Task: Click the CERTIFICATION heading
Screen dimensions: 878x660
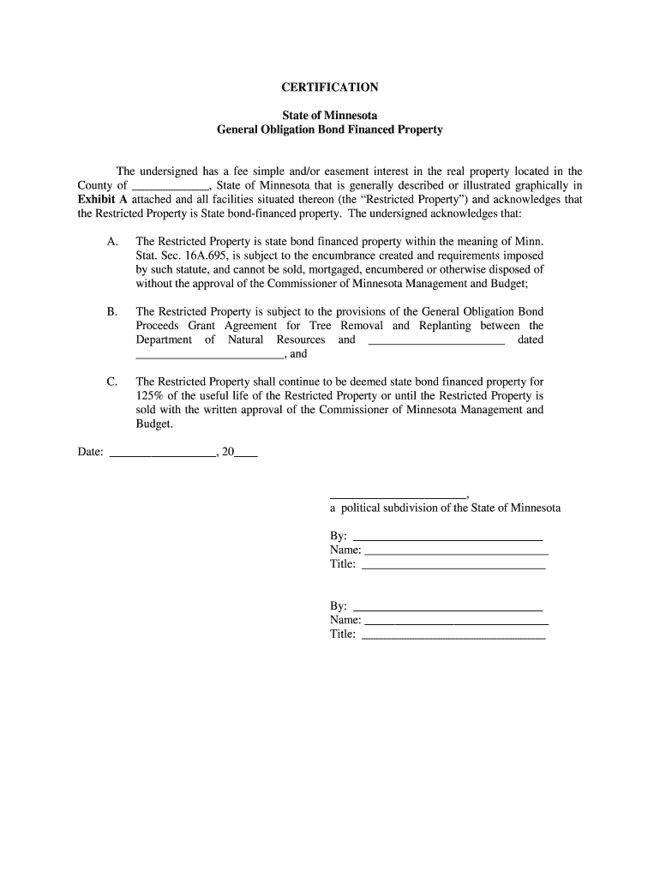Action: click(329, 87)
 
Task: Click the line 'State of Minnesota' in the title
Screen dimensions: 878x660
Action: click(329, 115)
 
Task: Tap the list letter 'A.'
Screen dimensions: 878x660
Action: click(112, 242)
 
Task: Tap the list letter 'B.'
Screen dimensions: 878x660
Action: click(112, 312)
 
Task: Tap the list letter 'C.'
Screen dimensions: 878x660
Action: click(112, 382)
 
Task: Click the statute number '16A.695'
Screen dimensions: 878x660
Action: click(199, 256)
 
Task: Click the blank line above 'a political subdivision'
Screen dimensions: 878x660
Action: click(398, 496)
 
